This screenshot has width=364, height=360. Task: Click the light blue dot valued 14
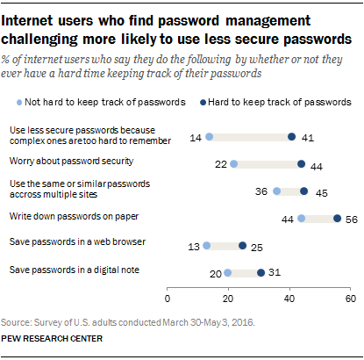click(x=210, y=137)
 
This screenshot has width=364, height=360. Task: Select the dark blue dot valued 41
click(x=292, y=137)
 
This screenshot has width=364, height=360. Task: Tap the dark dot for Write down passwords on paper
click(x=338, y=219)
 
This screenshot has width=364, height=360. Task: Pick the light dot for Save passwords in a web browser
click(x=206, y=246)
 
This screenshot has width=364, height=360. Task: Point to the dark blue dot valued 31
click(x=261, y=273)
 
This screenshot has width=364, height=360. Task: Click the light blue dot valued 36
click(x=277, y=191)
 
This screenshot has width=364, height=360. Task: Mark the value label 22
click(x=221, y=164)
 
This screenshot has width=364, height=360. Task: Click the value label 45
click(x=322, y=193)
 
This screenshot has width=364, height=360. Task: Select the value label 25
click(x=257, y=248)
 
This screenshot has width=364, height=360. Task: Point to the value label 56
click(x=352, y=220)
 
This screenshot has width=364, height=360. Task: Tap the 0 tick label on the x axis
click(x=168, y=299)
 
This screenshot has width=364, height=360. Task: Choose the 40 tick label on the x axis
click(x=289, y=299)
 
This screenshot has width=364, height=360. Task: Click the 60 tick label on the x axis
click(x=351, y=299)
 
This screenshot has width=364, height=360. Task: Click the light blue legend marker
click(x=19, y=103)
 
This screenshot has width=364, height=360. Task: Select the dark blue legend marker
click(x=203, y=103)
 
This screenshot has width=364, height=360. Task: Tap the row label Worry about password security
click(x=71, y=162)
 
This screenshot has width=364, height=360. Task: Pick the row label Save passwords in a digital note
click(x=75, y=270)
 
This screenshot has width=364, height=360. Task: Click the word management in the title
click(x=268, y=21)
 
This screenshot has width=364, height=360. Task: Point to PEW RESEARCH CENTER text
click(x=52, y=339)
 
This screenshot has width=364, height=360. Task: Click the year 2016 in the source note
click(x=245, y=322)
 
